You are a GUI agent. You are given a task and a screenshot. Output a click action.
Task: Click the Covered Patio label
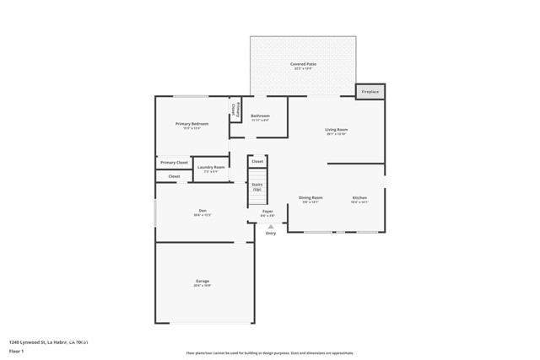tap(303, 65)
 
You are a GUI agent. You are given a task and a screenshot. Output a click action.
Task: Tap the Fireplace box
tap(370, 91)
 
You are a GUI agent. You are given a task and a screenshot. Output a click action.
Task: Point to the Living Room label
tap(337, 131)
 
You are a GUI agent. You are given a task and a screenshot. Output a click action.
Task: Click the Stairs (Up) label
tap(256, 186)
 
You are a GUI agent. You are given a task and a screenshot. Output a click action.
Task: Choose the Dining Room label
tap(310, 199)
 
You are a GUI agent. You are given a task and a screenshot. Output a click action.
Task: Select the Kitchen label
tap(359, 199)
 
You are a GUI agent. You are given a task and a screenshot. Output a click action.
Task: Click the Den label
tap(202, 212)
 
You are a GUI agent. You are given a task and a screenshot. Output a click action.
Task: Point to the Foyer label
tap(267, 212)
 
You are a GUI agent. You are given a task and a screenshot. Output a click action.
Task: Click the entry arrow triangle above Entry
tap(271, 226)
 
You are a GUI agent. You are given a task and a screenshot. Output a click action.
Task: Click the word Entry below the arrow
tap(271, 234)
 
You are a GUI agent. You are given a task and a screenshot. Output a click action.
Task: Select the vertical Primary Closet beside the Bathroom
tap(238, 110)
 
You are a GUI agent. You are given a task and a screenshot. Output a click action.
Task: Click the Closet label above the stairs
tap(257, 161)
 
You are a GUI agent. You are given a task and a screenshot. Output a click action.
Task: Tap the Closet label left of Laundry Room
tap(174, 176)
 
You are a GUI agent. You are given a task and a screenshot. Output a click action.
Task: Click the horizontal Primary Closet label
tap(174, 162)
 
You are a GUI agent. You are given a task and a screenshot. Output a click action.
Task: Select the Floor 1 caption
tap(17, 350)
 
